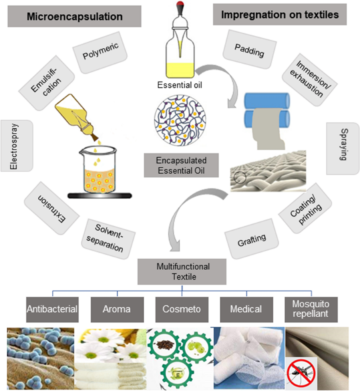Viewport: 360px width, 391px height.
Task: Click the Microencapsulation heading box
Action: point(74,16)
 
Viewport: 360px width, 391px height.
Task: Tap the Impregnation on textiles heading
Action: point(280,15)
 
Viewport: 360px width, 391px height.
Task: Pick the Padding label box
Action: point(249,49)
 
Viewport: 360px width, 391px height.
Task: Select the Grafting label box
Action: point(251,239)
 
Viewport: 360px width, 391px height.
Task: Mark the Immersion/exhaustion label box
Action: point(309,80)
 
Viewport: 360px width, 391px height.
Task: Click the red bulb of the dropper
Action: point(180,4)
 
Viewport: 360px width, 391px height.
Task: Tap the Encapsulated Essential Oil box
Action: point(181,165)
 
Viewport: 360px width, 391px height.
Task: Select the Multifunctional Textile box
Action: point(182,272)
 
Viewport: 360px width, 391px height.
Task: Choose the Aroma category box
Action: point(117,309)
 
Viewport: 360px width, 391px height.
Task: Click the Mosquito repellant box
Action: point(311,309)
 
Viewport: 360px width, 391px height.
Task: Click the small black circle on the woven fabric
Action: point(240,178)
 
